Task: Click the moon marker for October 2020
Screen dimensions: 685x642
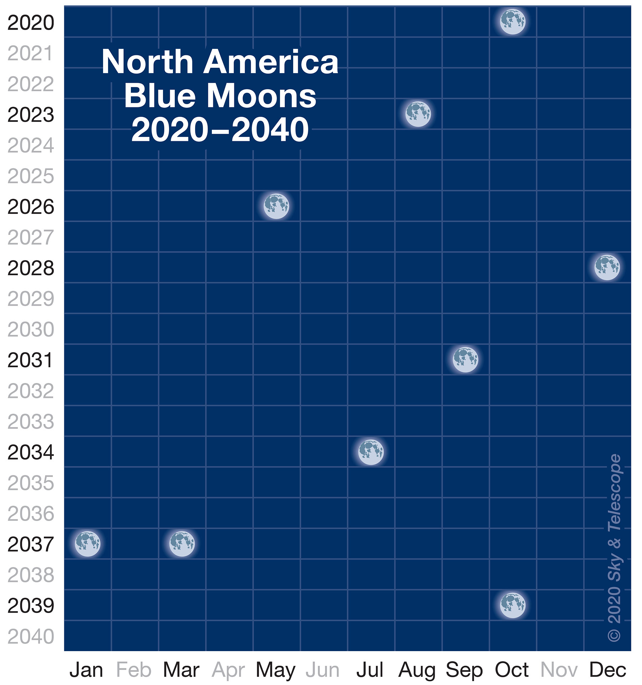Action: (x=513, y=21)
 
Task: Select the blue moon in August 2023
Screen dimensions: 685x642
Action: (x=418, y=114)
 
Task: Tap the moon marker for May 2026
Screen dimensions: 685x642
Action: (x=276, y=206)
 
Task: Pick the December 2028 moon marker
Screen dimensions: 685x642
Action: (x=607, y=267)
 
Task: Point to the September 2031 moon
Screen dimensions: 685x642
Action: (x=465, y=359)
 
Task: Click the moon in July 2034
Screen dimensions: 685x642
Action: (x=371, y=452)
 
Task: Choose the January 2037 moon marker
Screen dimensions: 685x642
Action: (x=87, y=543)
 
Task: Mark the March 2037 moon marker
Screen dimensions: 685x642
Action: (x=182, y=543)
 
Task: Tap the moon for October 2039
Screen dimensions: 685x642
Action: (x=513, y=605)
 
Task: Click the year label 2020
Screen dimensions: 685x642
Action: (x=31, y=23)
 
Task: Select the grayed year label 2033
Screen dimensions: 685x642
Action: (x=31, y=422)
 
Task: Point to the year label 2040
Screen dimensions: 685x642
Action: (x=31, y=637)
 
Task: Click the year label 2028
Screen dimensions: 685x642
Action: (x=31, y=268)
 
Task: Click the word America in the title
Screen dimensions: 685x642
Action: (x=271, y=62)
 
